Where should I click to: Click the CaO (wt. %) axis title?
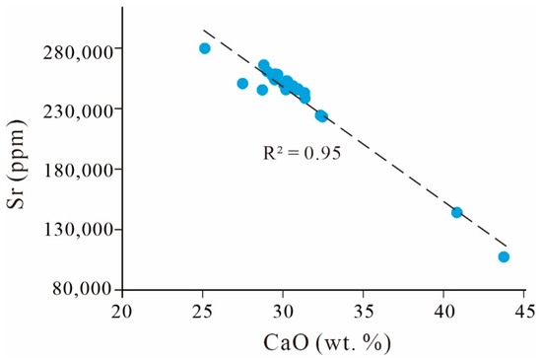pyautogui.click(x=322, y=341)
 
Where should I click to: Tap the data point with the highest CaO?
pyautogui.click(x=504, y=256)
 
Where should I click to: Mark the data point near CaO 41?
pyautogui.click(x=457, y=212)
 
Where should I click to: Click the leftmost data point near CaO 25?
pyautogui.click(x=205, y=48)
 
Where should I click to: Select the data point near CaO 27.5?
pyautogui.click(x=242, y=84)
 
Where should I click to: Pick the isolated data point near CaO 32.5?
pyautogui.click(x=321, y=115)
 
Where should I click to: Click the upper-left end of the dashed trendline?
pyautogui.click(x=203, y=31)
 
